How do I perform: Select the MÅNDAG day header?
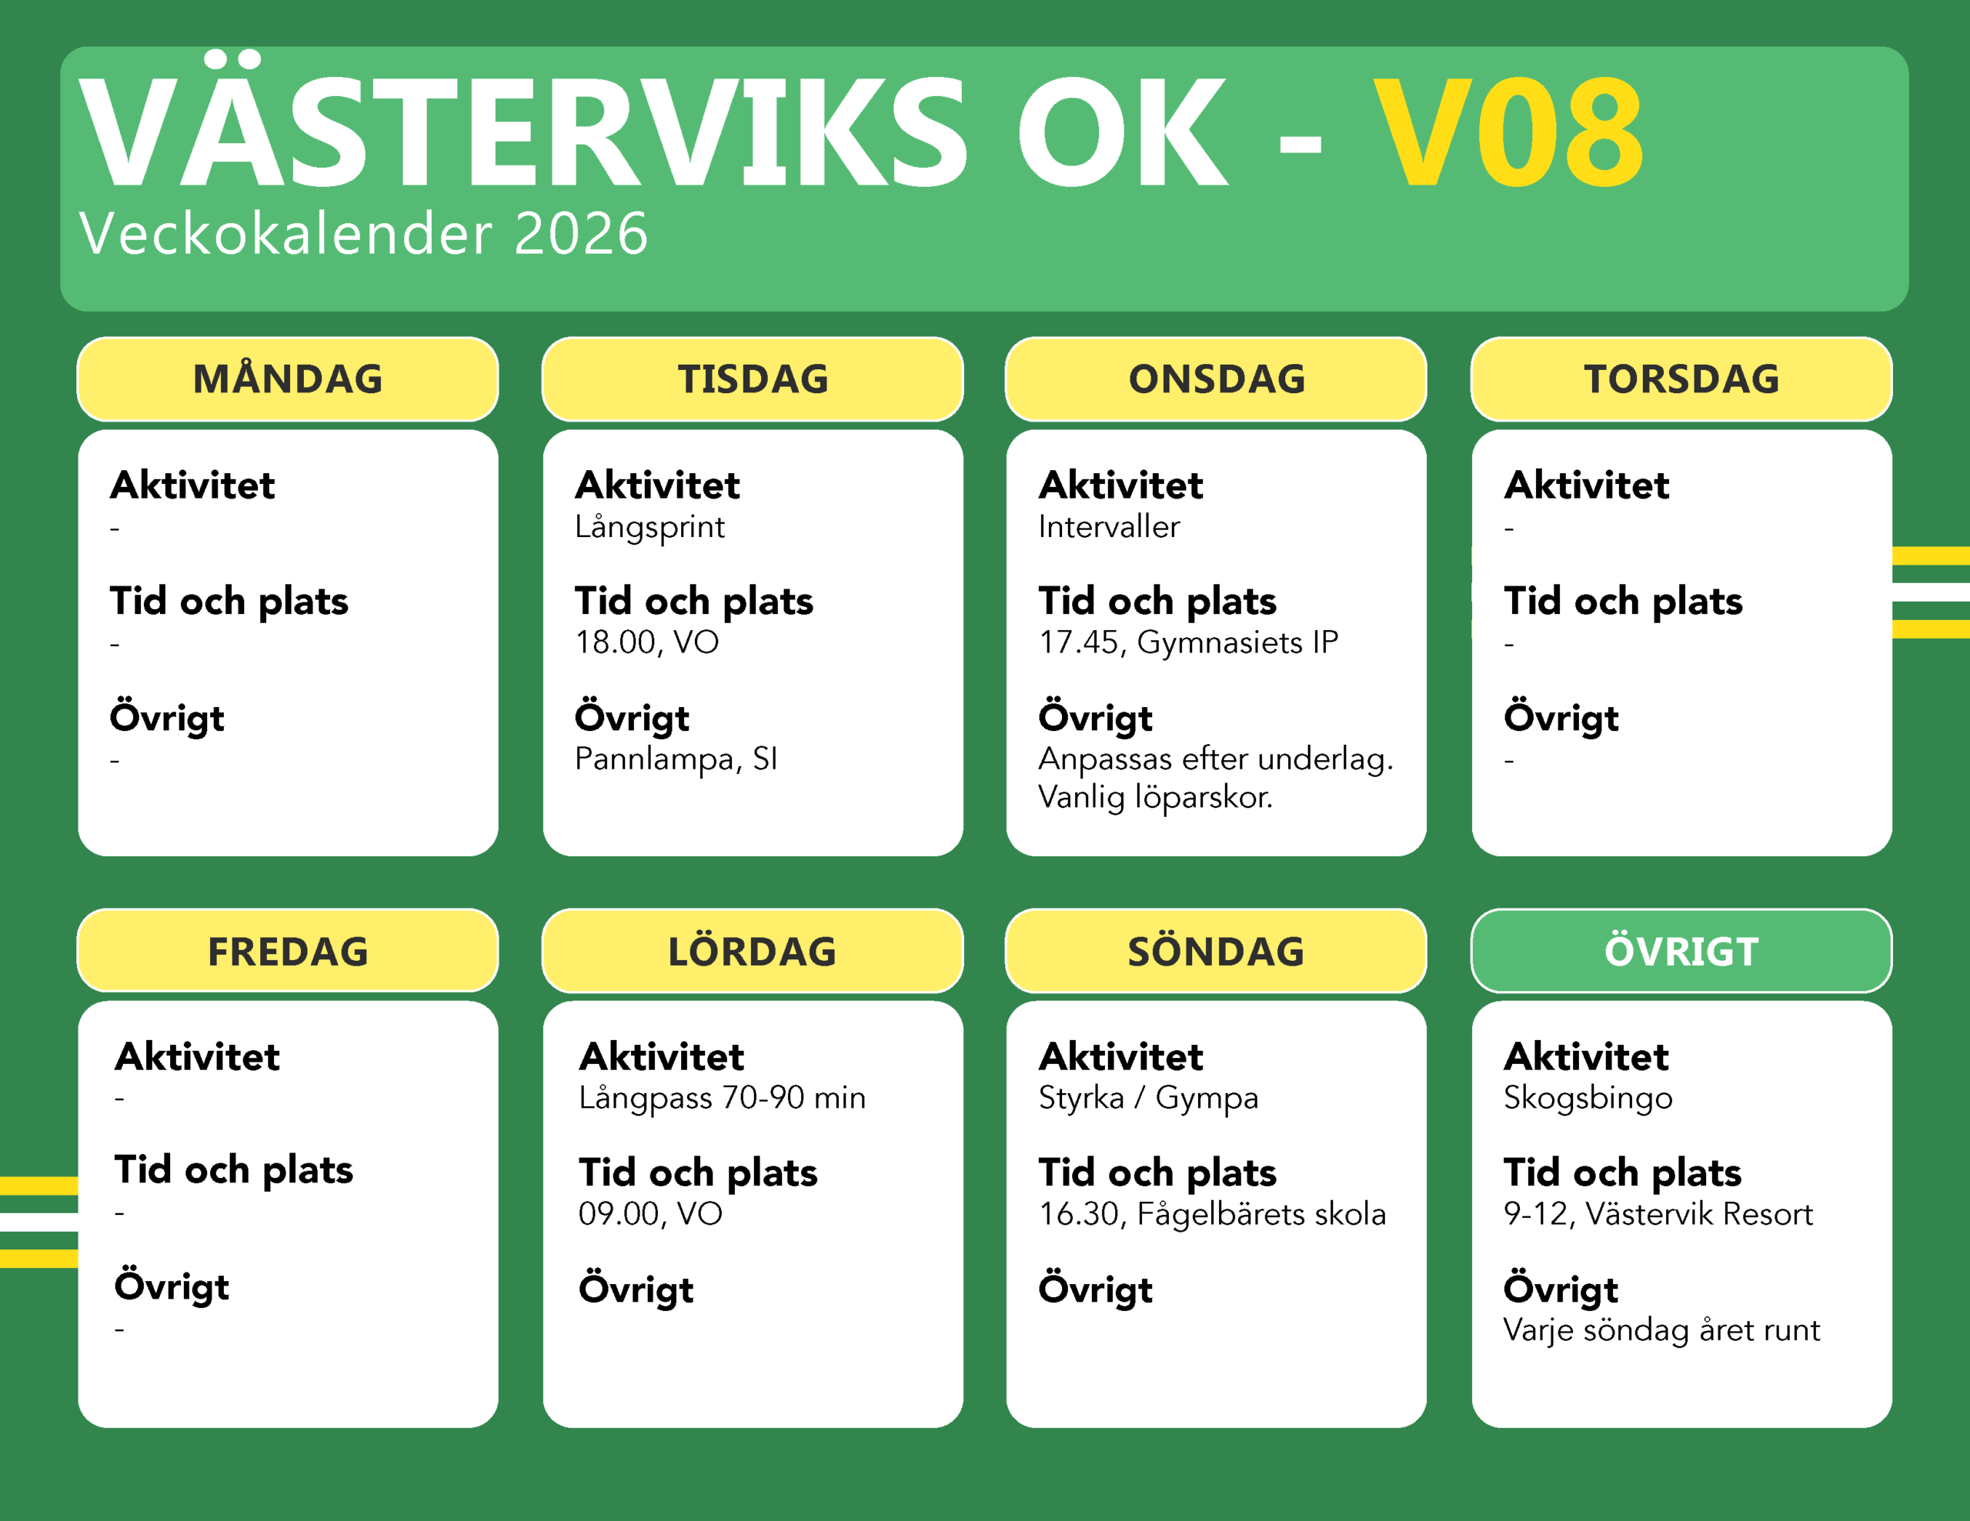(288, 379)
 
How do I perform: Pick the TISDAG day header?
(753, 379)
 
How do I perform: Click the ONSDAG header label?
(1216, 379)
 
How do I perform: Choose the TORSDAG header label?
(1681, 379)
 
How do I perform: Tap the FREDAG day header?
(288, 951)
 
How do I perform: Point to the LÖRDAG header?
(753, 951)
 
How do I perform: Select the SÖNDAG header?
(1216, 951)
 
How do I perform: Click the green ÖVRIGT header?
(1681, 951)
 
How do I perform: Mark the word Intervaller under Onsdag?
(1109, 526)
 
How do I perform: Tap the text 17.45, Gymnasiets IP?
(1188, 642)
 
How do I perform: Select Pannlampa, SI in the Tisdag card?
(676, 759)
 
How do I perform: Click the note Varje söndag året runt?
(1661, 1331)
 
